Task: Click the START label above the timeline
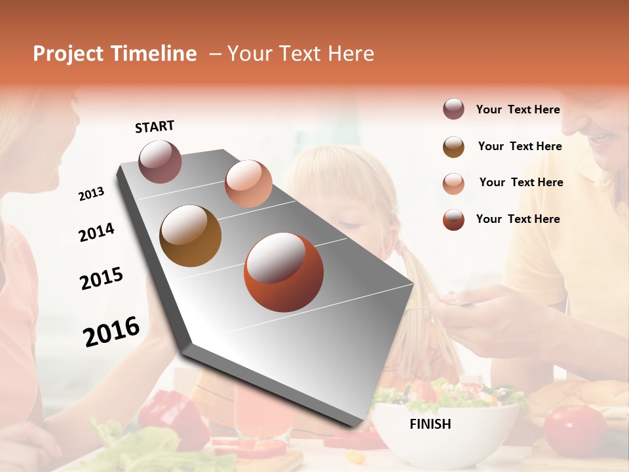(x=155, y=126)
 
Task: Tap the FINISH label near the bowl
(x=430, y=424)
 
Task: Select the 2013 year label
(x=91, y=194)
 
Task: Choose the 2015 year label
(x=102, y=279)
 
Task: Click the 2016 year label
(x=111, y=332)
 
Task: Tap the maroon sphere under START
(x=160, y=161)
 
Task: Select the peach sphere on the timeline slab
(x=248, y=184)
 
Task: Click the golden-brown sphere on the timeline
(x=190, y=236)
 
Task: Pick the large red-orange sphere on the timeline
(x=284, y=272)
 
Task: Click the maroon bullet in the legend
(x=453, y=109)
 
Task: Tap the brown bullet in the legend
(x=453, y=147)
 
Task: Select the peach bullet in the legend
(x=453, y=183)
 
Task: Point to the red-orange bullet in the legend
(x=453, y=220)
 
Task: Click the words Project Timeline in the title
(x=115, y=54)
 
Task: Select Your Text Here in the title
(x=301, y=54)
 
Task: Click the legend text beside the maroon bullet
(x=518, y=109)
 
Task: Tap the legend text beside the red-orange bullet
(x=518, y=219)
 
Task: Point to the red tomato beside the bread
(x=575, y=429)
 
